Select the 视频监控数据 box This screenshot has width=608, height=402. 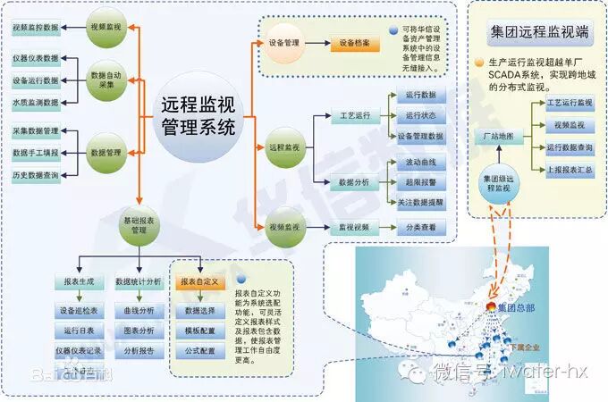36,28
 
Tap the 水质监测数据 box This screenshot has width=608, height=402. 36,103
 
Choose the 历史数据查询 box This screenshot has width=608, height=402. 36,176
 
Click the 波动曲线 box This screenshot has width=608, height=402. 420,163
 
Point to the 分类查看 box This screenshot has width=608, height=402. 420,227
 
